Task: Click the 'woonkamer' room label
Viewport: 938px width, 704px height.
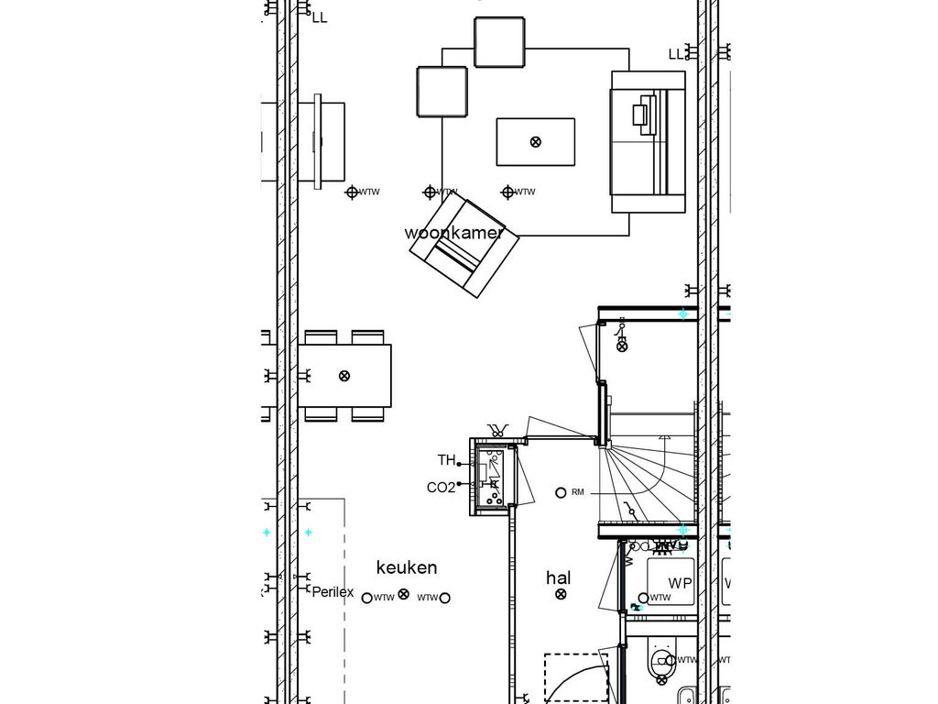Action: tap(454, 233)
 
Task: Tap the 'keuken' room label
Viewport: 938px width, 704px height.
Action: tap(407, 567)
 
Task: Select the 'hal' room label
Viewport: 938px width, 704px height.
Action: tap(558, 577)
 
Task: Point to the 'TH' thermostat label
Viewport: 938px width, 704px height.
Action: tap(446, 460)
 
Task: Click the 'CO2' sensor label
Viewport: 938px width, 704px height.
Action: tap(441, 488)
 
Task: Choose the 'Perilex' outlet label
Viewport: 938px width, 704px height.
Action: tap(333, 592)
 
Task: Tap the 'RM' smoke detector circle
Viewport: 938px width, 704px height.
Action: tap(561, 492)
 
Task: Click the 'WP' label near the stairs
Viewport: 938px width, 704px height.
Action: tap(680, 584)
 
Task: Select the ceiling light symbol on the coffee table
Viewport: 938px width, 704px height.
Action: tap(536, 141)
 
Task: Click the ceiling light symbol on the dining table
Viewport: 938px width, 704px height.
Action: tap(344, 375)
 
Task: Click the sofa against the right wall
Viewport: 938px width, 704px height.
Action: tap(649, 143)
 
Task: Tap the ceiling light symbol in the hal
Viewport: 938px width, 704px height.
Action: tap(561, 595)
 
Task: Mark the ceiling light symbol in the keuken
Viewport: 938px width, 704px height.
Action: tap(404, 596)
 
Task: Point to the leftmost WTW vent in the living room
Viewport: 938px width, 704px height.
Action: tap(351, 192)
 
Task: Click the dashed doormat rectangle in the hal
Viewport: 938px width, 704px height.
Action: tap(574, 678)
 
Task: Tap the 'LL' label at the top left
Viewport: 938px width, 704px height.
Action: tap(319, 16)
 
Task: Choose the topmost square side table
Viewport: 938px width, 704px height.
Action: tap(499, 42)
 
